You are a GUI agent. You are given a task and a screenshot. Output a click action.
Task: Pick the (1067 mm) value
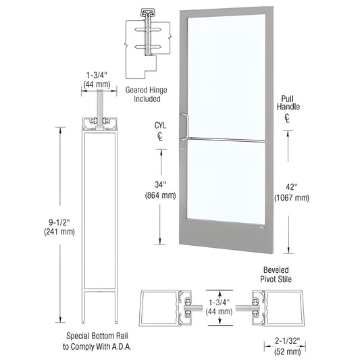pyautogui.click(x=292, y=198)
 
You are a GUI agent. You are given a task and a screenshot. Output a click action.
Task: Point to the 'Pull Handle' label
pyautogui.click(x=290, y=102)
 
